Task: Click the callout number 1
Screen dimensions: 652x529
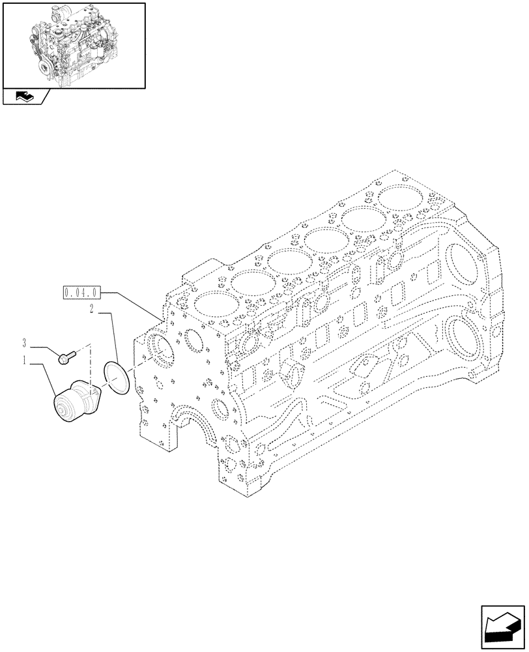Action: [x=24, y=361]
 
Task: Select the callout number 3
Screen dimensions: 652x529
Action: [x=24, y=342]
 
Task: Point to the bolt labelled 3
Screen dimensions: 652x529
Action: [x=66, y=356]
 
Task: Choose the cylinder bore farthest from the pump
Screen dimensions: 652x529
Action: [x=398, y=199]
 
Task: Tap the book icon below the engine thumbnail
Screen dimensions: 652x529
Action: [x=24, y=97]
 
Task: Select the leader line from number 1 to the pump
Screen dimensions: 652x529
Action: [x=43, y=375]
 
